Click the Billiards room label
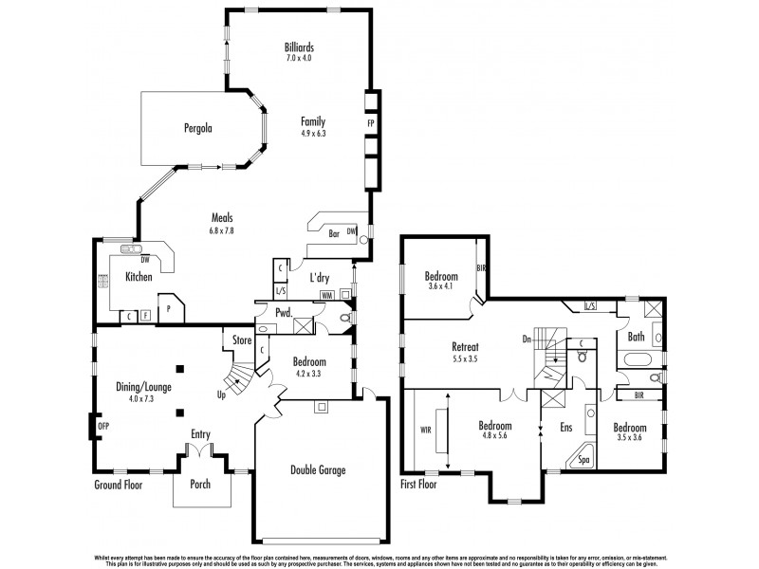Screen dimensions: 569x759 [x=299, y=46]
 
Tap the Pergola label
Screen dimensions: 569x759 [x=197, y=127]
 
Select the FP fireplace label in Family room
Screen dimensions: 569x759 [x=371, y=123]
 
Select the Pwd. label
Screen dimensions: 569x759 [x=283, y=312]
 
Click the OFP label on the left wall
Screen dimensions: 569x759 [x=103, y=428]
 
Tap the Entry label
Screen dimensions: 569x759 [x=200, y=434]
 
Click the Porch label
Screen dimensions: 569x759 [x=199, y=485]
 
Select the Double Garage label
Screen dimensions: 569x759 [x=318, y=469]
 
